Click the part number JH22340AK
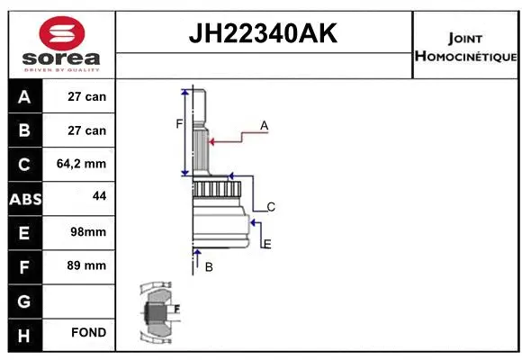click(262, 34)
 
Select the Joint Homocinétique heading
click(464, 47)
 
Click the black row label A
click(24, 96)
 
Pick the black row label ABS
click(24, 198)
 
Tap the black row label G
click(24, 300)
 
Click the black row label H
click(24, 334)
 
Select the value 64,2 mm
click(81, 164)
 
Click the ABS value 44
click(98, 195)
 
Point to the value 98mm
click(87, 231)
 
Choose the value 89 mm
click(87, 265)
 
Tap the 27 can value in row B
click(87, 130)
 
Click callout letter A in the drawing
click(265, 126)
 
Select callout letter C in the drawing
click(270, 207)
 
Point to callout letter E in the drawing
click(267, 244)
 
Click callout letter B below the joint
click(209, 266)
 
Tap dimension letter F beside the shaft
click(178, 123)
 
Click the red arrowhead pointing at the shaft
click(212, 139)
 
